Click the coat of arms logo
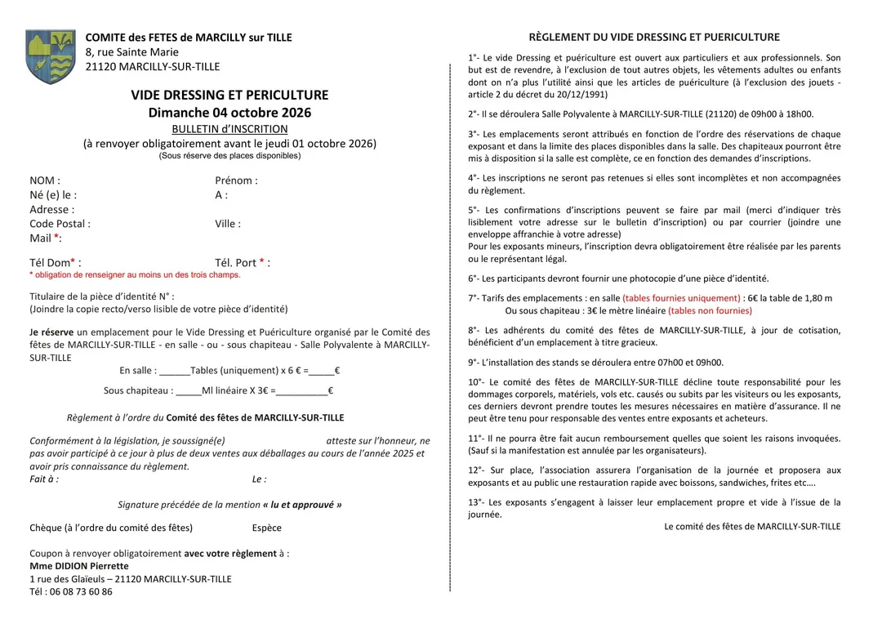tap(50, 57)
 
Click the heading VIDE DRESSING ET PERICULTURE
tap(229, 96)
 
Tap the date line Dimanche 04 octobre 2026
tap(229, 113)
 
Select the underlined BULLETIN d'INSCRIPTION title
tap(229, 129)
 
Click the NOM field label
tap(45, 181)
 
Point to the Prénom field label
tap(236, 181)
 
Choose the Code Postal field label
tap(60, 224)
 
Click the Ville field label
tap(228, 224)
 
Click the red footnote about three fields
tap(135, 275)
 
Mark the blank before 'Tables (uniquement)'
tap(175, 371)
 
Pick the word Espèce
tap(267, 528)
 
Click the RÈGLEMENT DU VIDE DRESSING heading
tap(654, 38)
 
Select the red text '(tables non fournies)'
tap(710, 311)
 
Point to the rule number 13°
tap(476, 503)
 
